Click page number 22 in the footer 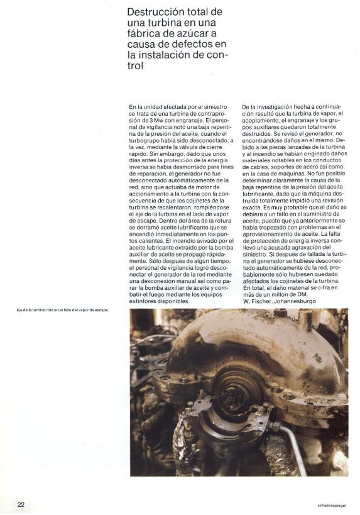[21, 504]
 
